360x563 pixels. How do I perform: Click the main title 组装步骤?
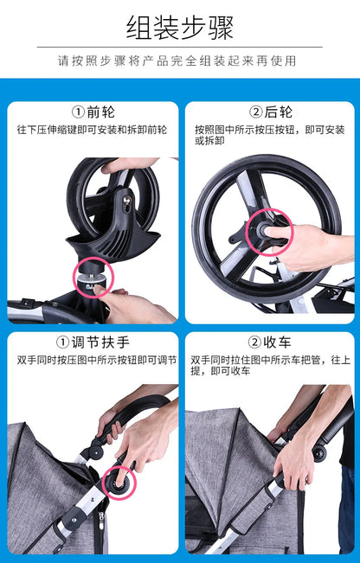(180, 28)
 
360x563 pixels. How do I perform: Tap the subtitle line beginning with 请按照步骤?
(177, 61)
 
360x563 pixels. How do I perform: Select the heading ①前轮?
(93, 112)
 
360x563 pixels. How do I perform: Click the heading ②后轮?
(271, 112)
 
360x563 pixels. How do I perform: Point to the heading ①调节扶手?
(93, 342)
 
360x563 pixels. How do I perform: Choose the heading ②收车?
(269, 342)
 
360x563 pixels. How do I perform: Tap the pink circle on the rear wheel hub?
(269, 232)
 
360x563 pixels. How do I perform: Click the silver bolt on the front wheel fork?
(127, 200)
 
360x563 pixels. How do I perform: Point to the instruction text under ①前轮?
(92, 130)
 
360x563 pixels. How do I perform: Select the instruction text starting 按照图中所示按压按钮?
(269, 135)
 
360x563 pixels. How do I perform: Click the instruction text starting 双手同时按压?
(97, 360)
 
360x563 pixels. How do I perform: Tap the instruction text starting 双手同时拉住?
(271, 365)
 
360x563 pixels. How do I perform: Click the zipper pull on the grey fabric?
(101, 517)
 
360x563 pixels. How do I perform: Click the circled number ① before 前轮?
(79, 112)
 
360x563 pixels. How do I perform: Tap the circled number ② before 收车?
(254, 342)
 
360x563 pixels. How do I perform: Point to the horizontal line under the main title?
(180, 47)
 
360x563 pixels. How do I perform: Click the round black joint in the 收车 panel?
(319, 453)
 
